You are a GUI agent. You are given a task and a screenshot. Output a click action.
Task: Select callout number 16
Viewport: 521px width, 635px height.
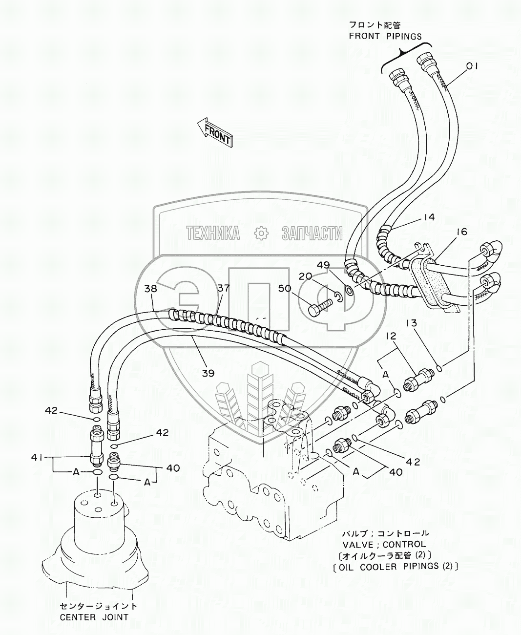pos(461,232)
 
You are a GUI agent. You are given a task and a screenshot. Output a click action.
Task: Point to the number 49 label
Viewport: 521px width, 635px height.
pos(337,265)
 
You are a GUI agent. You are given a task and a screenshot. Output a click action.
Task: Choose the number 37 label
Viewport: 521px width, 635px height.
pos(223,289)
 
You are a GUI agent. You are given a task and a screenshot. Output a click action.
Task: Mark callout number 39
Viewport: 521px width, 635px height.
pos(208,373)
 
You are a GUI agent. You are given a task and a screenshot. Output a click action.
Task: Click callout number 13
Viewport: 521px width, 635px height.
pos(411,323)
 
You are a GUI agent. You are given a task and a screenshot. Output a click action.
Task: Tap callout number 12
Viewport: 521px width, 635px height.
pos(391,337)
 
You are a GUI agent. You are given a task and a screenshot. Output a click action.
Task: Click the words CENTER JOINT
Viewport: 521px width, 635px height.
pos(94,617)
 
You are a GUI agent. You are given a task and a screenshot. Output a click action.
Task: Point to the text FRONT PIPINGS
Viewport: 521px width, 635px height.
pos(385,36)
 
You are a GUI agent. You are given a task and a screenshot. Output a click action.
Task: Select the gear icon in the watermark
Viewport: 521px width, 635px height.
pos(262,233)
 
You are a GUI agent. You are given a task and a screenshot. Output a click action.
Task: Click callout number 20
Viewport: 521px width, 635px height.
pos(305,276)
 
